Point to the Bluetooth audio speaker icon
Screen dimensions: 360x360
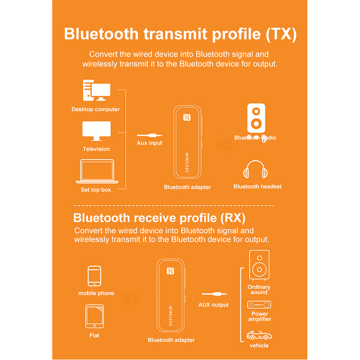click(256, 119)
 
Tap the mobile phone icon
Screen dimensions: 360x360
click(94, 276)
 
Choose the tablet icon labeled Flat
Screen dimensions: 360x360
click(94, 316)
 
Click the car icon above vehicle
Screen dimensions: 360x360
click(259, 336)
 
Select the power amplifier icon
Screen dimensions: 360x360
click(259, 305)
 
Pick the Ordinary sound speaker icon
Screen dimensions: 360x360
click(259, 265)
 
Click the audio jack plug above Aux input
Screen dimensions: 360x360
click(149, 135)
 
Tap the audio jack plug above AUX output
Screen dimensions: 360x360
click(213, 295)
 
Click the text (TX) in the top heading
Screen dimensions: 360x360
click(281, 34)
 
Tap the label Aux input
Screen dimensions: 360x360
click(149, 143)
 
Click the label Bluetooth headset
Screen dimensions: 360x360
click(257, 186)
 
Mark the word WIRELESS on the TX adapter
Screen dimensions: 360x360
click(187, 162)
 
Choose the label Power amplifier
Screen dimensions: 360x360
click(260, 316)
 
